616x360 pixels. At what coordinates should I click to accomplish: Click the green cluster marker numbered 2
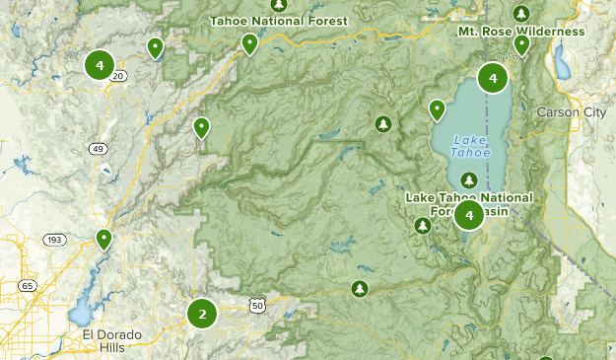202,315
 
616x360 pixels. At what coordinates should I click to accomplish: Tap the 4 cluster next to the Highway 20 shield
100,65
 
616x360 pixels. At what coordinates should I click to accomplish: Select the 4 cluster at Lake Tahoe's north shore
493,77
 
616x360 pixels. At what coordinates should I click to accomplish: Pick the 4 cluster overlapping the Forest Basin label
469,215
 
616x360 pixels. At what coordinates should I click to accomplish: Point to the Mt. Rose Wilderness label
521,32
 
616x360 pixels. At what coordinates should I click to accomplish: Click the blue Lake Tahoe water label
469,146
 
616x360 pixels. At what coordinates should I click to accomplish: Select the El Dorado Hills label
111,341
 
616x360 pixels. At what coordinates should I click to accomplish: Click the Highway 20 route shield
119,75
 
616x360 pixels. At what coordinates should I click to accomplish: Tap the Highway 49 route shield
99,149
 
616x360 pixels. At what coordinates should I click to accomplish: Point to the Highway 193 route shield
53,240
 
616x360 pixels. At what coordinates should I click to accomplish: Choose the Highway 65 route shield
27,286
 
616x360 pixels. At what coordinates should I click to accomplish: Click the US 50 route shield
257,307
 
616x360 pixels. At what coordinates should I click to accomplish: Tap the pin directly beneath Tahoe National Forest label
250,44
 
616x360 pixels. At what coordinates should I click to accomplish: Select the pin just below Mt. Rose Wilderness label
521,45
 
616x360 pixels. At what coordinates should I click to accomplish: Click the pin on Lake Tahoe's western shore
437,109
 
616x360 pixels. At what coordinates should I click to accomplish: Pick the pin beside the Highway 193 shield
103,239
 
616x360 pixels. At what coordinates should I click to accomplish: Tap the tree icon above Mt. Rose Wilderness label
521,14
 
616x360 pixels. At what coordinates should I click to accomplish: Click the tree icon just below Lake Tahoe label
470,180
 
